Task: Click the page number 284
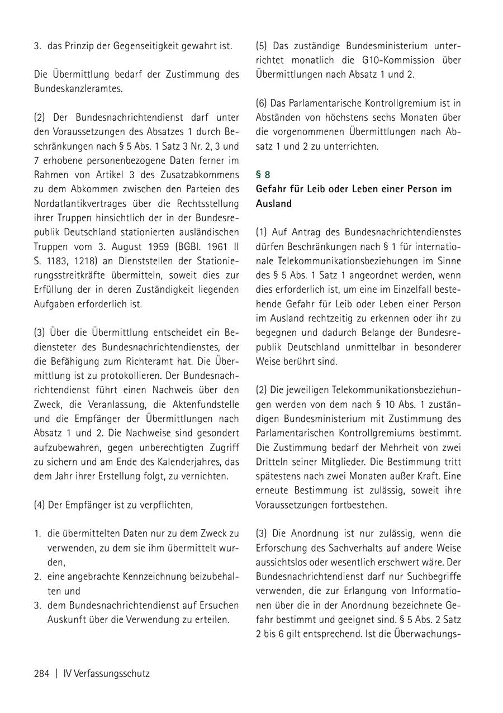pos(42,673)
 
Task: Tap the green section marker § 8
pos(263,174)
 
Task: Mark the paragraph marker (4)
pos(40,505)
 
